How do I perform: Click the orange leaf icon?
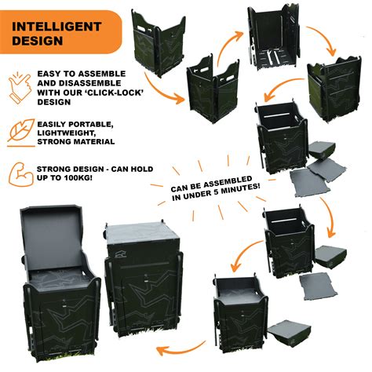tap(18, 129)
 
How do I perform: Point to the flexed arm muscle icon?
tap(18, 174)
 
